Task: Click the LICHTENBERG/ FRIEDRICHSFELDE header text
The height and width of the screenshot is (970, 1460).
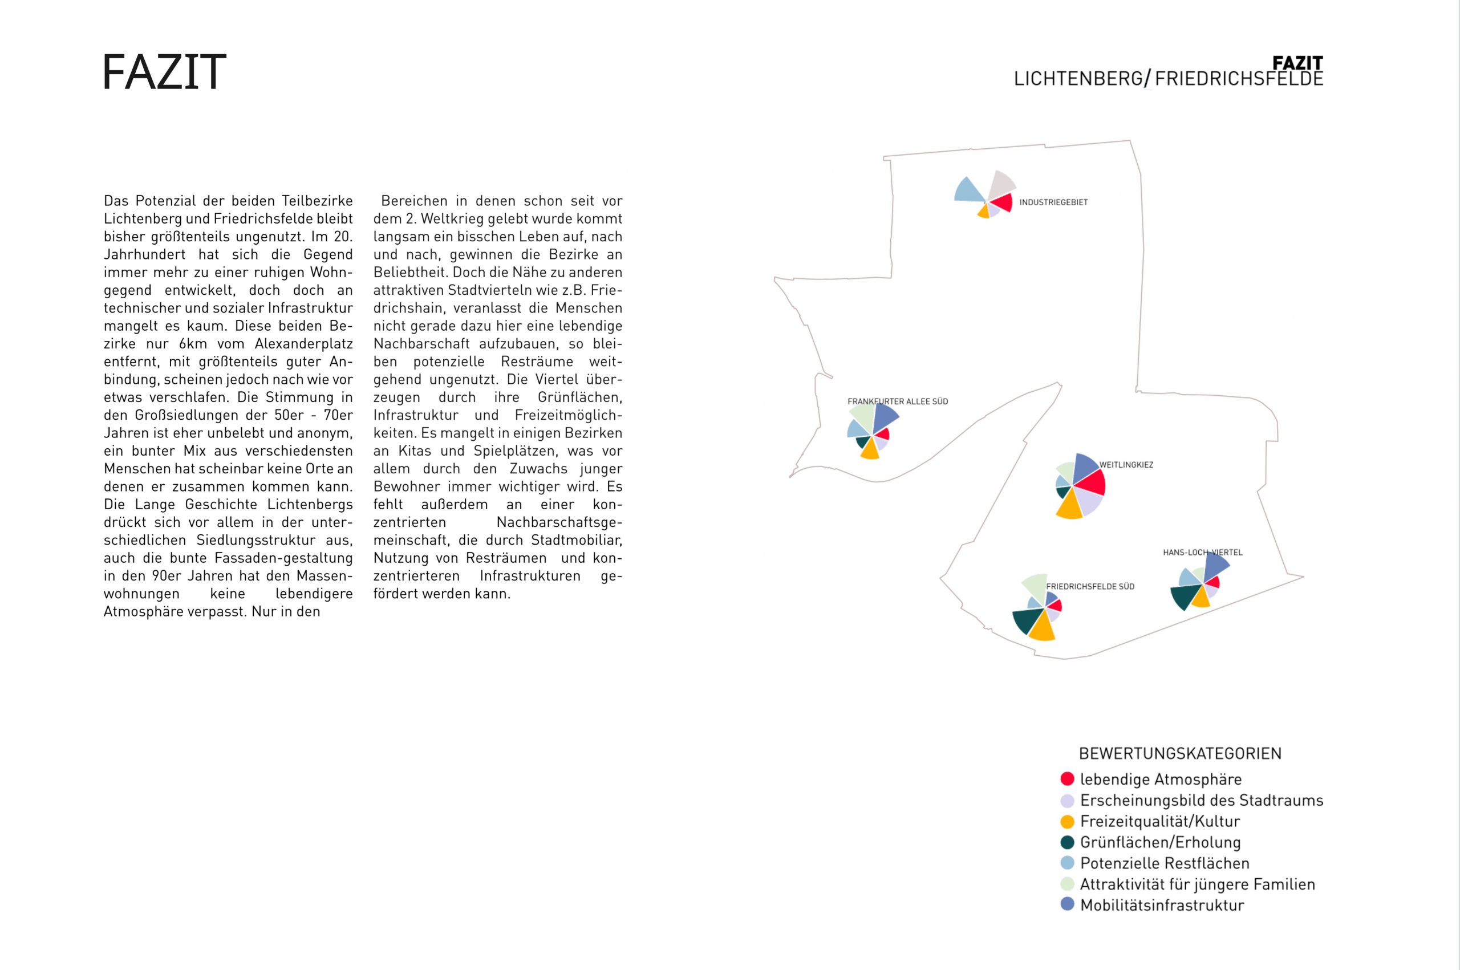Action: pos(1168,79)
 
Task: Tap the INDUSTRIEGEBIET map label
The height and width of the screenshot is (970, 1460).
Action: pos(1053,202)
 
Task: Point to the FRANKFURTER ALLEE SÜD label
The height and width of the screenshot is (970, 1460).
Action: pos(897,401)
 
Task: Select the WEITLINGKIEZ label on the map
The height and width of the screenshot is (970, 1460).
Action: pos(1126,465)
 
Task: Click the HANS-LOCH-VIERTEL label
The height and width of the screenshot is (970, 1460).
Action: pos(1202,553)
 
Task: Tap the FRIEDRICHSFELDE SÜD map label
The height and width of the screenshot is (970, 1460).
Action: pos(1090,586)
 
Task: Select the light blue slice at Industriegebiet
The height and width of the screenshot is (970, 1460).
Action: pos(968,191)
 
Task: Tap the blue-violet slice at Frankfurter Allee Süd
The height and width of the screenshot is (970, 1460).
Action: pos(885,417)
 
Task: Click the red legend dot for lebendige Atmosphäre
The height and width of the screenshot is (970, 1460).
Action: pos(1067,779)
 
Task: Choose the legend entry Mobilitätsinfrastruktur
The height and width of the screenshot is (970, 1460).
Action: pos(1161,905)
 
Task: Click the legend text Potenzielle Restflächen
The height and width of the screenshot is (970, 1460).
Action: pos(1164,863)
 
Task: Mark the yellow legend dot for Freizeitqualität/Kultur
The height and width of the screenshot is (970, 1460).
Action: pos(1067,822)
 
